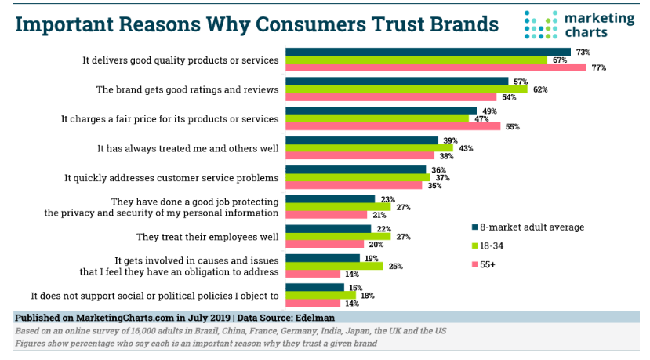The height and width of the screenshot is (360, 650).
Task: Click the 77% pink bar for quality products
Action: pos(436,67)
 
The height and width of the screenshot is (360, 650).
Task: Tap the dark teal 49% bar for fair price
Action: pos(381,111)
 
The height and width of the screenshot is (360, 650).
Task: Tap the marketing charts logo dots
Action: pos(539,24)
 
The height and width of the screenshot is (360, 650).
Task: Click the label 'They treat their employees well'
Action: pos(208,236)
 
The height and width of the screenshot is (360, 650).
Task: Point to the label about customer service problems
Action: pos(172,178)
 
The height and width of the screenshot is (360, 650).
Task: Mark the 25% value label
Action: pos(396,266)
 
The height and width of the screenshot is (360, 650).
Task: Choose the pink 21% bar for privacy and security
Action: pos(326,215)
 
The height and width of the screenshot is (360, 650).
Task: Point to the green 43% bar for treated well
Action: pos(369,148)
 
